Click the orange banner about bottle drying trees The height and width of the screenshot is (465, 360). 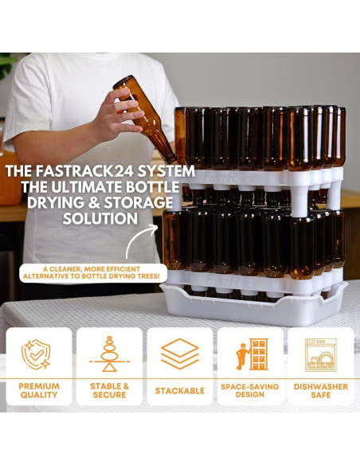click(93, 272)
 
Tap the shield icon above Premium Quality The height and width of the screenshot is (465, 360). click(38, 354)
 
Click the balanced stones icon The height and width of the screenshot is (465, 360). click(109, 354)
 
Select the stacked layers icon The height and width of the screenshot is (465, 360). click(180, 354)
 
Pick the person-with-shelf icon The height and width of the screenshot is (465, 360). click(250, 354)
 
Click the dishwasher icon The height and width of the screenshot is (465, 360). click(320, 354)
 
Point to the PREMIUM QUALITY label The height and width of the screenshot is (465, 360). click(38, 390)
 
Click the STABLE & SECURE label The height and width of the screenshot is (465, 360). click(109, 390)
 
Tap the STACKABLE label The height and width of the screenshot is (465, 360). click(180, 391)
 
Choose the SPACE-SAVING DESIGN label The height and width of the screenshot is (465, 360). click(250, 390)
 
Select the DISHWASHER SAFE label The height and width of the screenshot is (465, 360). click(320, 390)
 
